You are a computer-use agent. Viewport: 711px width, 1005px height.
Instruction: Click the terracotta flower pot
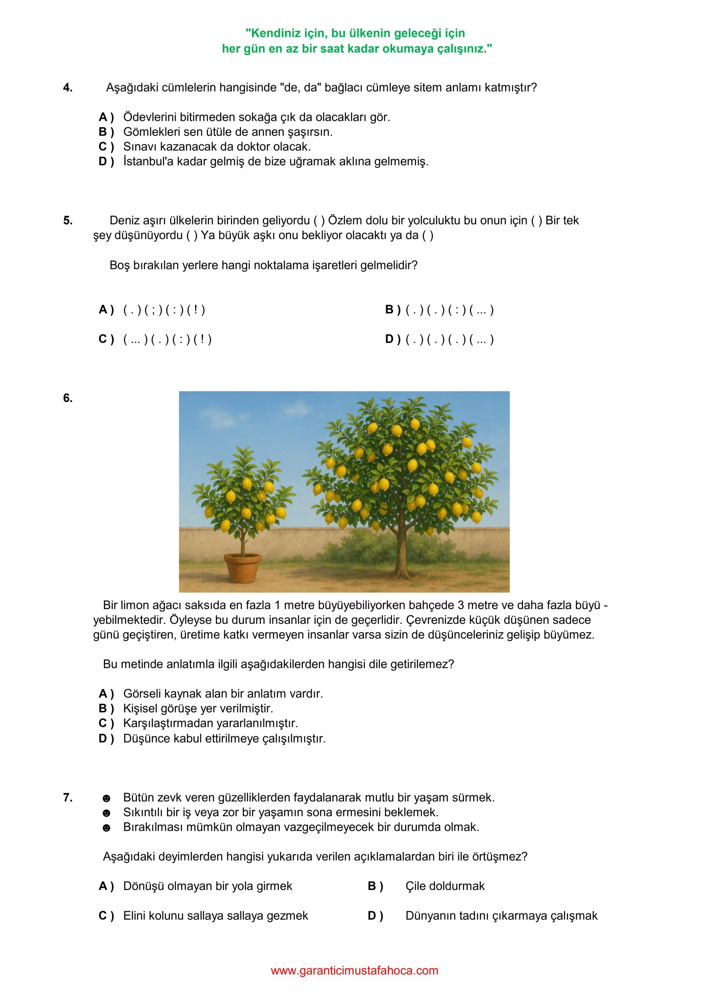coord(242,567)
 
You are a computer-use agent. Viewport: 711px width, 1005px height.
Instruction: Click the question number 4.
coord(68,88)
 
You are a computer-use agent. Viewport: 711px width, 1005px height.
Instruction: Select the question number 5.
coord(68,220)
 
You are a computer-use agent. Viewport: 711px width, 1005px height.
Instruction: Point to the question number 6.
coord(68,398)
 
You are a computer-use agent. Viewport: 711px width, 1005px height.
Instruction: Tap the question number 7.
coord(68,798)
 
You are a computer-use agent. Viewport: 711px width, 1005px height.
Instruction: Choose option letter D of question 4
coord(106,161)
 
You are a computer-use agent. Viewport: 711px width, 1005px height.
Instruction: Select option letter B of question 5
coord(392,310)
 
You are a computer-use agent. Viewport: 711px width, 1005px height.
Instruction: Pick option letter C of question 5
coord(106,339)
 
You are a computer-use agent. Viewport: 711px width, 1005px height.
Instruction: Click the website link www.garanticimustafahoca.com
coord(354,970)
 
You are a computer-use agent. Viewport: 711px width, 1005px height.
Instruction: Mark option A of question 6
coord(106,694)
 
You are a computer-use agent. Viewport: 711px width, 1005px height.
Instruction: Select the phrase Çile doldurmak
coord(445,886)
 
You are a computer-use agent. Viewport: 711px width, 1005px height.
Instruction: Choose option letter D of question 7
coord(375,916)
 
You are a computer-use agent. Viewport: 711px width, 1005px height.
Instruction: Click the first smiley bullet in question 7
coord(106,798)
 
